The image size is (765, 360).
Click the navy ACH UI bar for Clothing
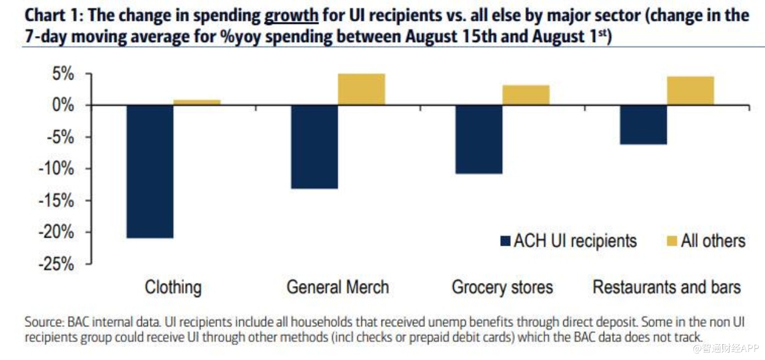tap(150, 171)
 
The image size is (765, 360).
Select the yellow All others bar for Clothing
tap(197, 102)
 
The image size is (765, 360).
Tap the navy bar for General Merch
tap(314, 147)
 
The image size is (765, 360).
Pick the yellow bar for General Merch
tap(361, 89)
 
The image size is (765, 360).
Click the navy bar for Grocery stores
tap(479, 139)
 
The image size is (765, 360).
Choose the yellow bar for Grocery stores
tap(526, 95)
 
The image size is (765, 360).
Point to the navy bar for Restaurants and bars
tap(643, 125)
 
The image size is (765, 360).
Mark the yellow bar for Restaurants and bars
tap(690, 90)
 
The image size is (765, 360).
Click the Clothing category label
tap(173, 287)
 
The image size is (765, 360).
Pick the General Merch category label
tap(338, 287)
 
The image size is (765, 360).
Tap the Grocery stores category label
tap(502, 287)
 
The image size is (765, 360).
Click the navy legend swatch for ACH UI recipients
tap(504, 241)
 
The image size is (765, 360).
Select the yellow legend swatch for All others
tap(671, 241)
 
